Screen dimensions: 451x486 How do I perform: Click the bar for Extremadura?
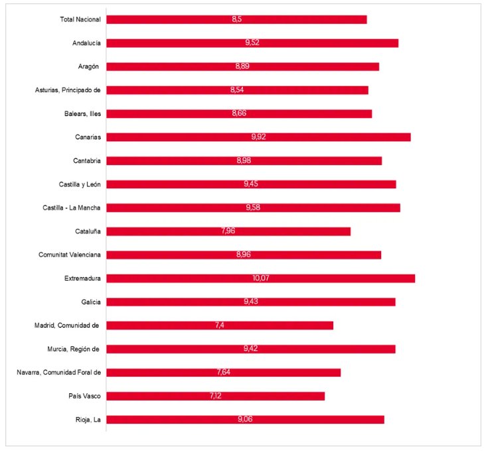(x=260, y=279)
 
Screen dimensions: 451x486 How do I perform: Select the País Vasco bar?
(x=215, y=396)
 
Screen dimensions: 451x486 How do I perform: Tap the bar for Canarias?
(x=258, y=137)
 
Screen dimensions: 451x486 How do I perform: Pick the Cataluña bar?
(x=228, y=231)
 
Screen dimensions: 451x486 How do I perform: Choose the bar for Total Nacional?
(x=236, y=19)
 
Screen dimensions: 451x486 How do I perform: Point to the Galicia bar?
(x=250, y=302)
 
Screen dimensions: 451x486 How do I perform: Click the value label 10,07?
(x=261, y=279)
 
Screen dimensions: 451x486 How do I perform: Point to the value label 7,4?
(x=220, y=325)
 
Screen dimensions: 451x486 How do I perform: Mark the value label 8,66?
(x=239, y=113)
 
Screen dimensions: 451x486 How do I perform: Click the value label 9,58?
(x=253, y=208)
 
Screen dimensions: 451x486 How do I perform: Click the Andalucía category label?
(x=86, y=43)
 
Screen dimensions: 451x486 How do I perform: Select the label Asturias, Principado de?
(x=68, y=90)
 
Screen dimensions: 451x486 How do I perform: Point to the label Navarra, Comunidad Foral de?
(x=58, y=373)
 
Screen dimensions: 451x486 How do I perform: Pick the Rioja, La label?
(x=88, y=420)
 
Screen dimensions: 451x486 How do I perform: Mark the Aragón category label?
(x=90, y=66)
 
